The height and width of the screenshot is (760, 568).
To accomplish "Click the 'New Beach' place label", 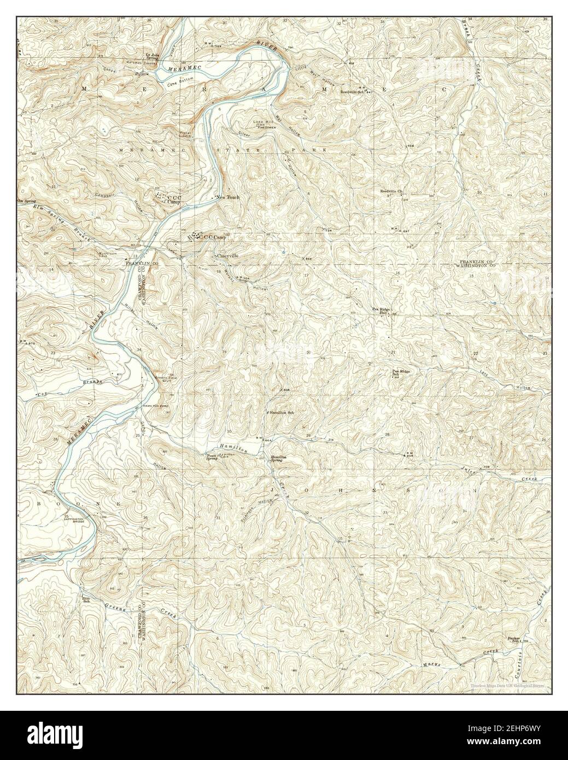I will (x=227, y=197).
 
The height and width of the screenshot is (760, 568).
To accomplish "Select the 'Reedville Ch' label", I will (x=391, y=191).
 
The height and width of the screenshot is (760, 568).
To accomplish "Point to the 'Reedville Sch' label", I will (x=352, y=92).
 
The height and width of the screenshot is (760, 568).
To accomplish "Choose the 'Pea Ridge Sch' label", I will (x=401, y=373).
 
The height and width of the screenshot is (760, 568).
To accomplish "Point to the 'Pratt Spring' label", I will (x=212, y=457).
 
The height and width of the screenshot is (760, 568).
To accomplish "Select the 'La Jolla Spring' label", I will (x=151, y=56).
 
